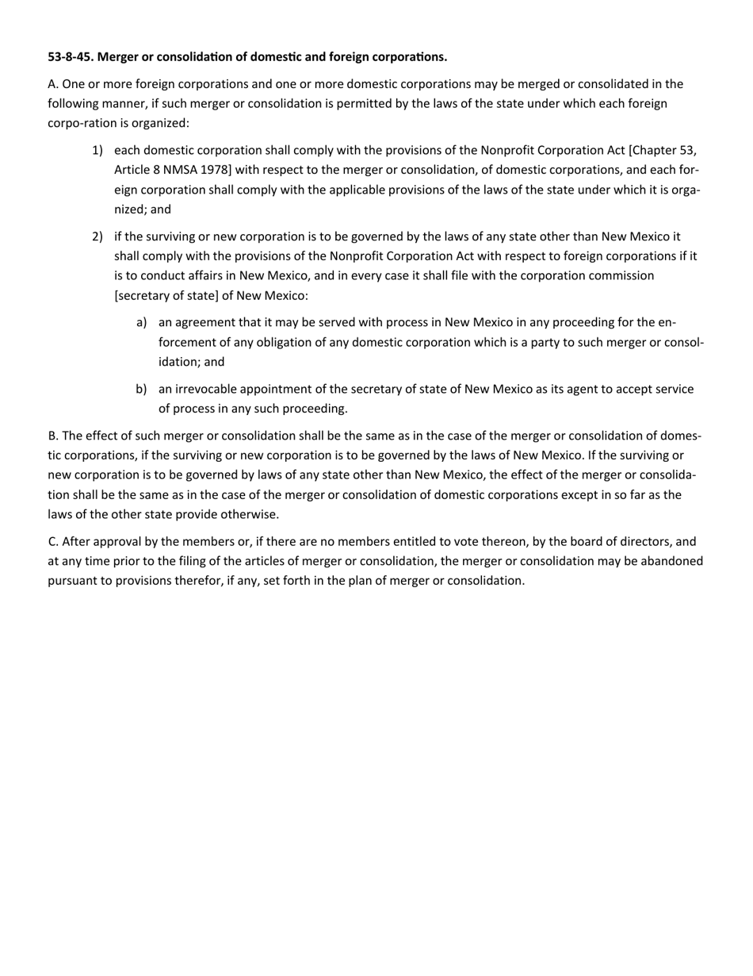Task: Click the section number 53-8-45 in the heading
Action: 70,57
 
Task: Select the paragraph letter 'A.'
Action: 53,84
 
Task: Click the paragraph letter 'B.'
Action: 53,436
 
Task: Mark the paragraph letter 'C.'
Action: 53,542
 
